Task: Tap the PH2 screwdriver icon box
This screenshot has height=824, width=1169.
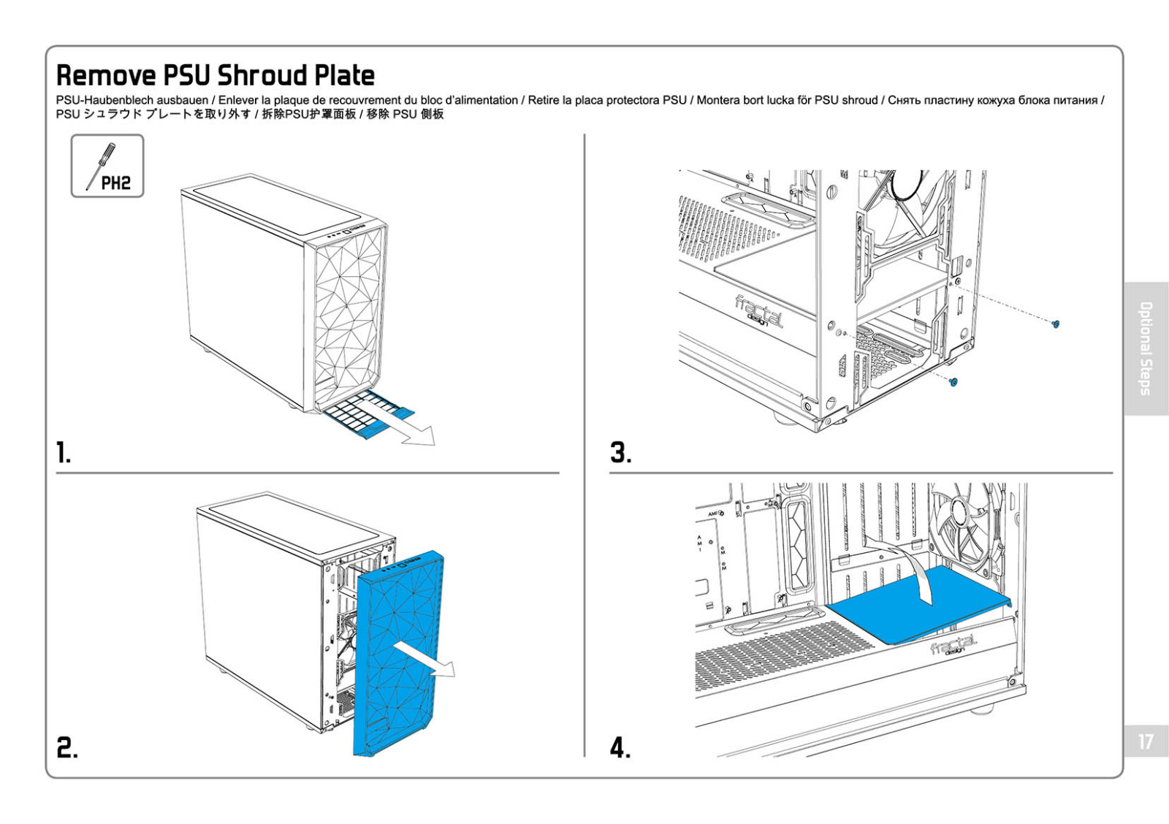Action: click(x=107, y=166)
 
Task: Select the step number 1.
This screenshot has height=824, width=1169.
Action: click(x=64, y=453)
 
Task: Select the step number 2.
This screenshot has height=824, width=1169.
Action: click(x=66, y=747)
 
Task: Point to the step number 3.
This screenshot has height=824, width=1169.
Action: click(x=621, y=453)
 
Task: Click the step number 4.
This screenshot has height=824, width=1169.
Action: click(x=620, y=747)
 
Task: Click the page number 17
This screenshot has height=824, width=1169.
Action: click(x=1146, y=742)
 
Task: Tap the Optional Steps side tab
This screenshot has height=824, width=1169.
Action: click(x=1146, y=348)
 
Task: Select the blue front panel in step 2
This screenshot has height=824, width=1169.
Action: click(x=398, y=650)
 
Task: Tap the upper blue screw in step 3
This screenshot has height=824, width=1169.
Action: click(x=1055, y=324)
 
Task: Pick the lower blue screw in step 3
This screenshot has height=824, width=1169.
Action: click(x=953, y=382)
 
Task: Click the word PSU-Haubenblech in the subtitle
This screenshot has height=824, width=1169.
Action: click(x=107, y=100)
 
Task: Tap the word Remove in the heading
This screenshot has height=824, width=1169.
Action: click(x=106, y=75)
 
